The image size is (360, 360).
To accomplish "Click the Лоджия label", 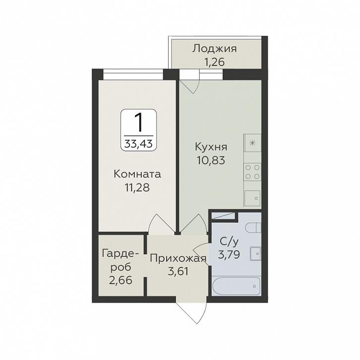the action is click(214, 49).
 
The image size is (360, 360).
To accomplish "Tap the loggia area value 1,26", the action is click(214, 62).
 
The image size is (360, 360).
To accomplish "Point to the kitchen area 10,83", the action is click(211, 161).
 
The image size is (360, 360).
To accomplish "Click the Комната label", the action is click(137, 174).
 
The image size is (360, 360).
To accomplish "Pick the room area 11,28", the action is click(137, 187).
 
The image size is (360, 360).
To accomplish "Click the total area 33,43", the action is click(139, 144).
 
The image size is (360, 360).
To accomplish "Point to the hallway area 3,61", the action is click(178, 272).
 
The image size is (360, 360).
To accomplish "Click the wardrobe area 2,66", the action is click(120, 280).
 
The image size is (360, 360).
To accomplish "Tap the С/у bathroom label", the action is click(229, 242).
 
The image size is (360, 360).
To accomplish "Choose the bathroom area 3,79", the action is click(229, 254).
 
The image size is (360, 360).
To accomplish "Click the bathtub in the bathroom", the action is click(237, 286).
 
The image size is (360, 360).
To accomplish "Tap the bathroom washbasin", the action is click(255, 254).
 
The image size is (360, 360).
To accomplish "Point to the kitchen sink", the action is click(252, 198).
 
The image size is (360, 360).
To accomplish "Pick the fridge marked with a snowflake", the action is click(252, 143).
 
